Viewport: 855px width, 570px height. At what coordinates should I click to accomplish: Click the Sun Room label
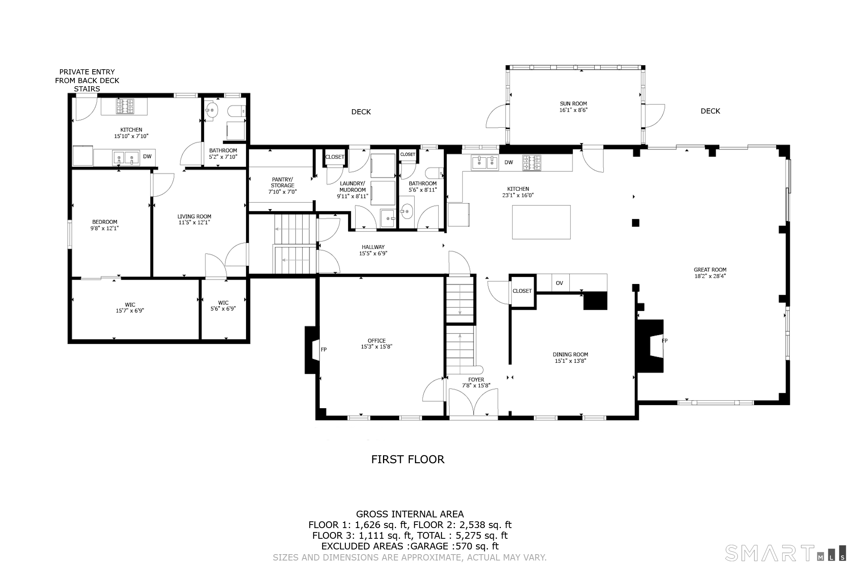pyautogui.click(x=573, y=104)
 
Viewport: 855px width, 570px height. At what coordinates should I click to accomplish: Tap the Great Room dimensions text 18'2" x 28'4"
pyautogui.click(x=710, y=276)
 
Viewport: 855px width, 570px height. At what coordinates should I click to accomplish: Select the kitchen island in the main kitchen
pyautogui.click(x=541, y=222)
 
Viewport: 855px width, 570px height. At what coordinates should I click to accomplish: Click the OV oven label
pyautogui.click(x=559, y=283)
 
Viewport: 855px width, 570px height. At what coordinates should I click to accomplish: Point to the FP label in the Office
pyautogui.click(x=324, y=350)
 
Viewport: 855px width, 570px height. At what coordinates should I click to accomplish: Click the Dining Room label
pyautogui.click(x=570, y=354)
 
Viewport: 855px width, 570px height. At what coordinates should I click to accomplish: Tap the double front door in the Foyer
pyautogui.click(x=473, y=402)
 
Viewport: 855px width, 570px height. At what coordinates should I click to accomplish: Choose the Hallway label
pyautogui.click(x=373, y=247)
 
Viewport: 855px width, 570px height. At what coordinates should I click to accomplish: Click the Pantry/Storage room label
pyautogui.click(x=282, y=182)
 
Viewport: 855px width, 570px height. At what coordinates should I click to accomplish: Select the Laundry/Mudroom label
pyautogui.click(x=353, y=187)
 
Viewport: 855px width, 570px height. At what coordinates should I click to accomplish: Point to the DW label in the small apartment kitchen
pyautogui.click(x=147, y=157)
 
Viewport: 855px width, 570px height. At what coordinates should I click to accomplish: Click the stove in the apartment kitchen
pyautogui.click(x=125, y=106)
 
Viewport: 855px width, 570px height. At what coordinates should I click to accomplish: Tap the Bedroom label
pyautogui.click(x=105, y=222)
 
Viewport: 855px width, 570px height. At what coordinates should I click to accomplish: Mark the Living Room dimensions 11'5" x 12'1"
pyautogui.click(x=194, y=223)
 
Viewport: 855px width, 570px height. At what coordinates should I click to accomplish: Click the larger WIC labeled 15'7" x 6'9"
pyautogui.click(x=130, y=308)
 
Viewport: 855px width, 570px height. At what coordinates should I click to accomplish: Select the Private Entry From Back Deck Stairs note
pyautogui.click(x=87, y=80)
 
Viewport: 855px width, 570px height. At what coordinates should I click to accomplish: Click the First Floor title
pyautogui.click(x=408, y=459)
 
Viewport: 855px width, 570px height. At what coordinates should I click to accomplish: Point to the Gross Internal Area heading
pyautogui.click(x=410, y=514)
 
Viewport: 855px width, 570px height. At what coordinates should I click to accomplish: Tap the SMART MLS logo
pyautogui.click(x=785, y=553)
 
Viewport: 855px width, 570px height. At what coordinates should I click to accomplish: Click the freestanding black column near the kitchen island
pyautogui.click(x=635, y=223)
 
